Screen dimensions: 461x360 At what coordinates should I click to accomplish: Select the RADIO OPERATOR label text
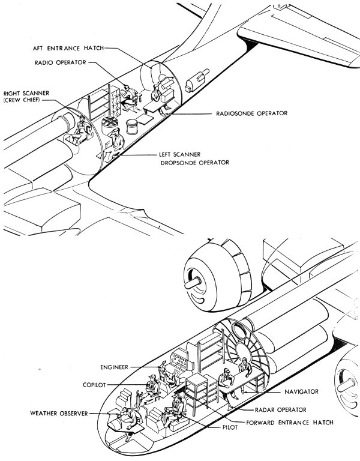[62, 62]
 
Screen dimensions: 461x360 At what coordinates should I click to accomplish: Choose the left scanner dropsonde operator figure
[116, 142]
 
